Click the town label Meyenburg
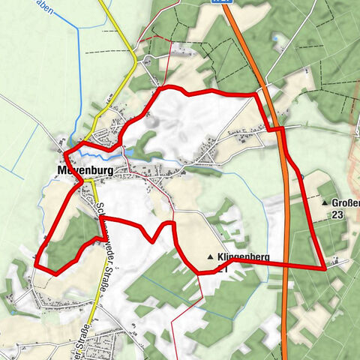[x=85, y=172]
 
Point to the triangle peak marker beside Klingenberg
[x=210, y=256]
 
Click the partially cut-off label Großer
[x=343, y=202]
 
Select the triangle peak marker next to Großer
[x=324, y=202]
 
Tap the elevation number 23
[x=337, y=214]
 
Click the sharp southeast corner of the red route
[x=324, y=267]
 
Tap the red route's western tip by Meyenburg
[x=64, y=154]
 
